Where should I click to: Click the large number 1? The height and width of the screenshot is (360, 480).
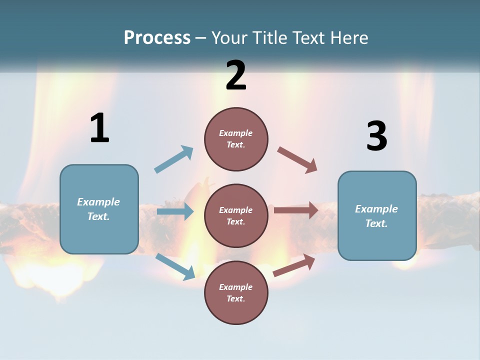click(x=99, y=128)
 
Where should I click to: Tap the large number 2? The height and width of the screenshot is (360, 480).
click(x=236, y=75)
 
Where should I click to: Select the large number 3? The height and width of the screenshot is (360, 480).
click(x=376, y=136)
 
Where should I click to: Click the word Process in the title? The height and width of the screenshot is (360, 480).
click(x=157, y=37)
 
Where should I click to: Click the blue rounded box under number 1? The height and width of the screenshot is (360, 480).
click(x=99, y=209)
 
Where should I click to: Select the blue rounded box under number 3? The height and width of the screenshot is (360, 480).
click(x=377, y=216)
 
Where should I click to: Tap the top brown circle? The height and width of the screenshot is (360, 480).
click(x=236, y=139)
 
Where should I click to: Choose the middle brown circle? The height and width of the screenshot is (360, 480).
click(x=236, y=216)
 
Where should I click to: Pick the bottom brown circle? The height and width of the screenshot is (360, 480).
click(x=236, y=293)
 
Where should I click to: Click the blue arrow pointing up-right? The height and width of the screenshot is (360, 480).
click(x=174, y=159)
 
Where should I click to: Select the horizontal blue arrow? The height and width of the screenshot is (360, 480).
click(x=175, y=211)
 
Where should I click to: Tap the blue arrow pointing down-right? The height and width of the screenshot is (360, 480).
click(x=175, y=266)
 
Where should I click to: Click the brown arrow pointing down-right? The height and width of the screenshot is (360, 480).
click(x=297, y=160)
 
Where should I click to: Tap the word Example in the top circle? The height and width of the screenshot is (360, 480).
click(x=236, y=133)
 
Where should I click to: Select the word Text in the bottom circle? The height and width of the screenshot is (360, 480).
click(x=235, y=298)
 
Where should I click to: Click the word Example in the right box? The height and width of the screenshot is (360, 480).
click(x=376, y=209)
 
